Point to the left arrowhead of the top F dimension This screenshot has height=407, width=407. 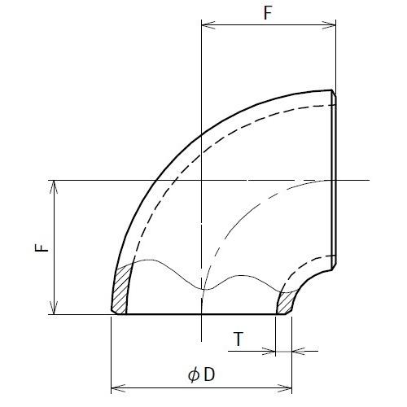pyautogui.click(x=206, y=25)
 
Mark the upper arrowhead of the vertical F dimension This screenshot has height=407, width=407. pyautogui.click(x=55, y=185)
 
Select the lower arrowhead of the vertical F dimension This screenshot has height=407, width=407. pyautogui.click(x=55, y=309)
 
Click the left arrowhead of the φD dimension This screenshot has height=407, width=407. pyautogui.click(x=116, y=387)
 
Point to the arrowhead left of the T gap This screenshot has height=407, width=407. pyautogui.click(x=271, y=351)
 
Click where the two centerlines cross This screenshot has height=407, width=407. pyautogui.click(x=201, y=180)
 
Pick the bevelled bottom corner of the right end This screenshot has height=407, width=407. pyautogui.click(x=334, y=265)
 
